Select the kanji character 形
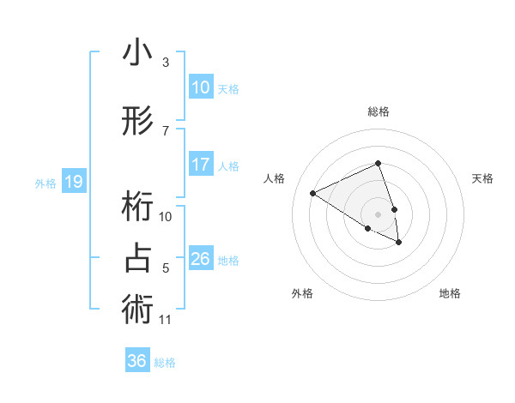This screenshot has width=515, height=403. pyautogui.click(x=137, y=122)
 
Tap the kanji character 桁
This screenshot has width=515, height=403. pyautogui.click(x=137, y=207)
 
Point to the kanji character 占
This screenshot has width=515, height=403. pyautogui.click(x=137, y=259)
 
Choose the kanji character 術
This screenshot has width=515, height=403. pyautogui.click(x=137, y=310)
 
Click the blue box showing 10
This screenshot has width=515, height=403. pyautogui.click(x=200, y=87)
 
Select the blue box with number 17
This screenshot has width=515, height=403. pyautogui.click(x=200, y=165)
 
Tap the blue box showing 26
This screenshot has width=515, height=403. pyautogui.click(x=200, y=259)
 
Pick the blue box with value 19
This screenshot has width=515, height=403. pyautogui.click(x=73, y=182)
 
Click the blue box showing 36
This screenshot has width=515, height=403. pyautogui.click(x=137, y=361)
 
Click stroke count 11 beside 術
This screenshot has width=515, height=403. pyautogui.click(x=166, y=320)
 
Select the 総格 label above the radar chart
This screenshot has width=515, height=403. pyautogui.click(x=378, y=111)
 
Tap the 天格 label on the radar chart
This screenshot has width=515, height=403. pyautogui.click(x=482, y=178)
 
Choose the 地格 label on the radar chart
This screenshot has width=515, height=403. pyautogui.click(x=450, y=293)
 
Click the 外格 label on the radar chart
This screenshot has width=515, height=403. pyautogui.click(x=302, y=293)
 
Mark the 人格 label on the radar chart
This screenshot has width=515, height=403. pyautogui.click(x=274, y=178)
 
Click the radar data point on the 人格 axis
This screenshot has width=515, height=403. pyautogui.click(x=313, y=193)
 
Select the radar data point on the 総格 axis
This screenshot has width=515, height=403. pyautogui.click(x=378, y=164)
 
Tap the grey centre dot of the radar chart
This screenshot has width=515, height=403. pyautogui.click(x=378, y=214)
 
